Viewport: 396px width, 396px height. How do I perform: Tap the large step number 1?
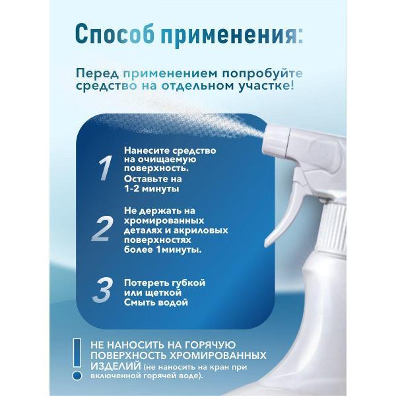point(104,168)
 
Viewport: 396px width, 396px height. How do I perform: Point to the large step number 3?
point(102,291)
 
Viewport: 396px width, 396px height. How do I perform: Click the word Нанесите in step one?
point(147,150)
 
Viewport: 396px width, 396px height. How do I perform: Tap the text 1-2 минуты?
point(152,188)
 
